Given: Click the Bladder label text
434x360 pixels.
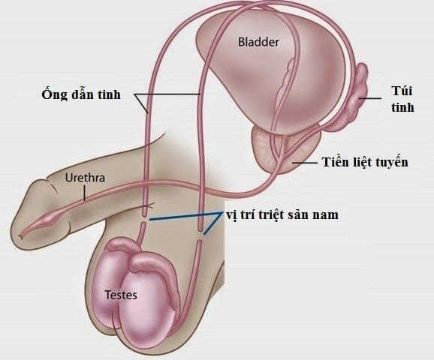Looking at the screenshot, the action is click(x=258, y=42).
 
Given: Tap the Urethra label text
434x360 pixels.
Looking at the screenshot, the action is click(x=85, y=178).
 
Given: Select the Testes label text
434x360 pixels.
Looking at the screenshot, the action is click(x=121, y=295).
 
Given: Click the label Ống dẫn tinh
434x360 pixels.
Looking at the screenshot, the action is click(x=81, y=94).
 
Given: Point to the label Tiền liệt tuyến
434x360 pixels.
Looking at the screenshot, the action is click(x=365, y=162).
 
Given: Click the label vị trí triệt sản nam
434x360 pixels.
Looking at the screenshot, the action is click(x=282, y=214).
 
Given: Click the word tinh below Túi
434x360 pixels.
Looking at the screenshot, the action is click(x=402, y=107).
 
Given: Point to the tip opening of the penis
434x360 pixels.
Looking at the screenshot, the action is click(x=20, y=236).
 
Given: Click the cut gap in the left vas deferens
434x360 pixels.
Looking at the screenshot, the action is click(x=144, y=220).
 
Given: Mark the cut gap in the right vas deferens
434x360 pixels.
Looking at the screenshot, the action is click(x=200, y=235).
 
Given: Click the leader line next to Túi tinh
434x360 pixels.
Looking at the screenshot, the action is click(x=370, y=98).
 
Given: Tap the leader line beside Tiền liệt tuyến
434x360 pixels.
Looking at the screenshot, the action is click(x=305, y=163).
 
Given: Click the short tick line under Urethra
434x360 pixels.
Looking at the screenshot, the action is click(x=84, y=193).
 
